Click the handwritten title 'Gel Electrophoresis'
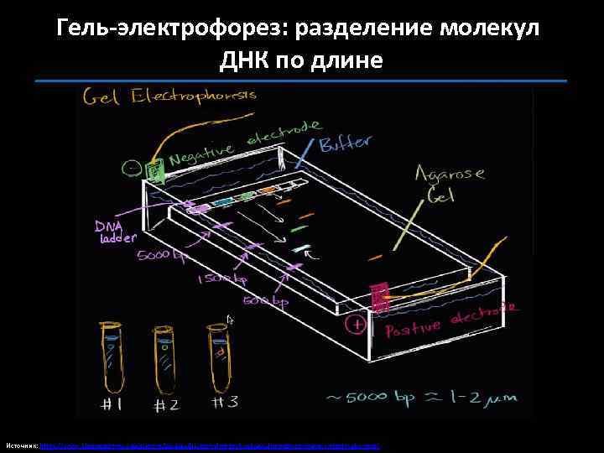(168, 98)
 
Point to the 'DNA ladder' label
(109, 232)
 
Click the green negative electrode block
(156, 170)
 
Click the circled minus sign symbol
(132, 169)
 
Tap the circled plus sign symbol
(358, 324)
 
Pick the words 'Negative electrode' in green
(243, 144)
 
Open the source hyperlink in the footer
(210, 445)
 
